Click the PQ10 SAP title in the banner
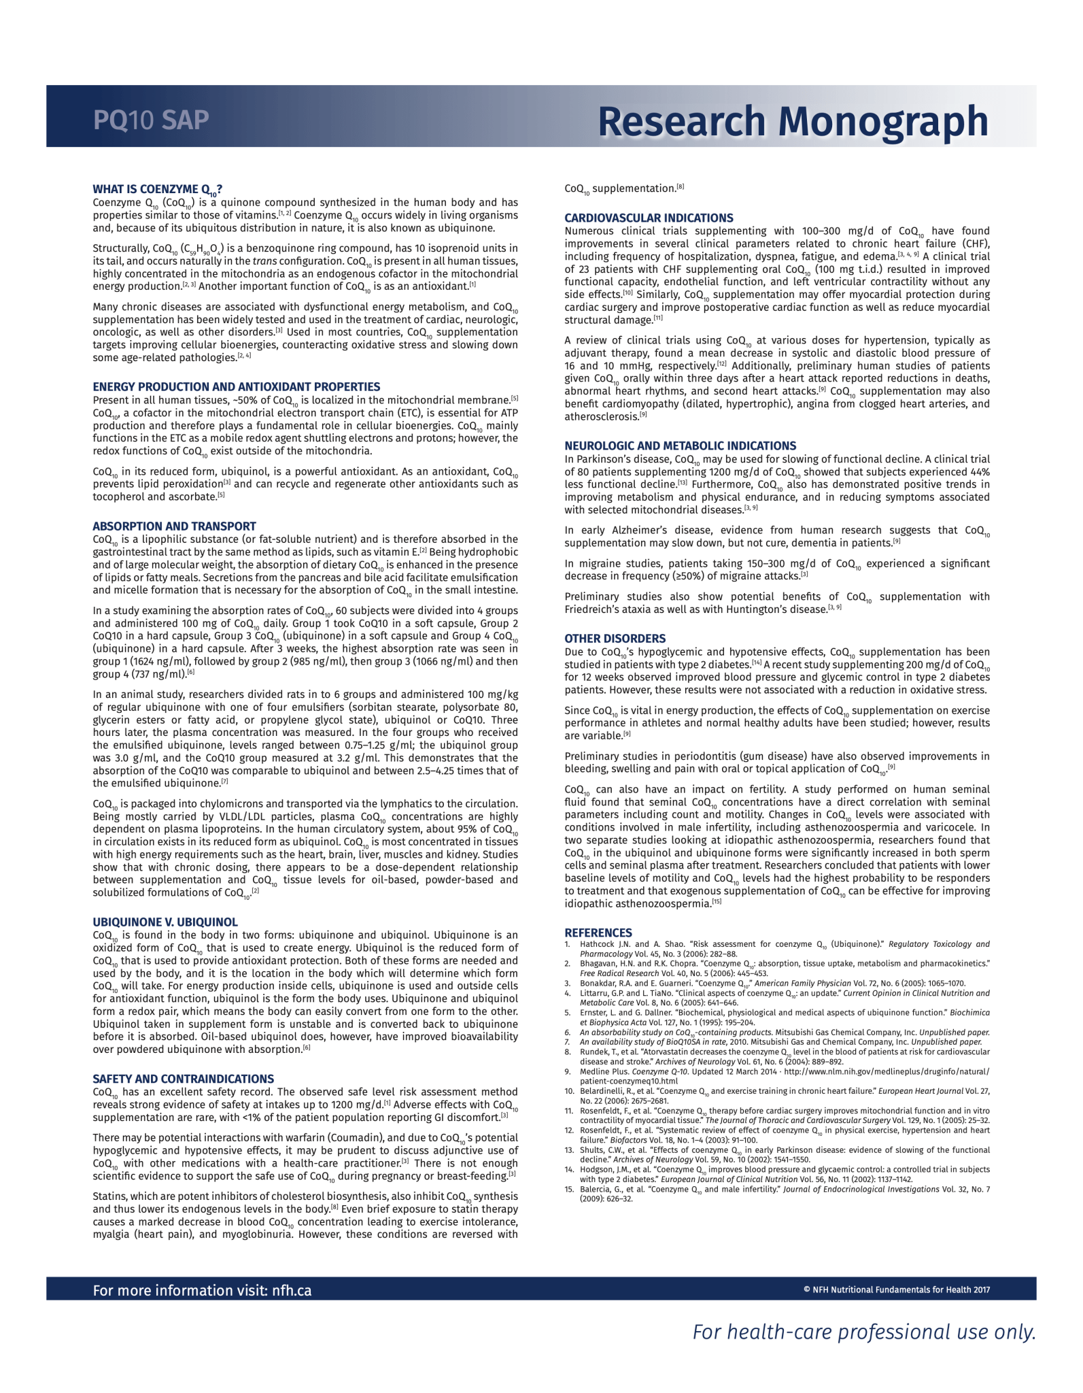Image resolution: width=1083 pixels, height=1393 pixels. [151, 120]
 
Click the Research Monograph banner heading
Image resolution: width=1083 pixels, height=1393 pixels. [793, 121]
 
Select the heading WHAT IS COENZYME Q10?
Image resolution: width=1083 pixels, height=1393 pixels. [158, 190]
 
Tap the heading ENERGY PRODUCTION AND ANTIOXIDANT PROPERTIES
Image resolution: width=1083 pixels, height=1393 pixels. [237, 386]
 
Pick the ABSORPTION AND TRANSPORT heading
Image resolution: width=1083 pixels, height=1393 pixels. [174, 526]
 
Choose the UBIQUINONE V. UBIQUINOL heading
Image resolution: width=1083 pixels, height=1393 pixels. [165, 922]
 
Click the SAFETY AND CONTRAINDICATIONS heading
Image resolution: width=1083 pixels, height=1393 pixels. [184, 1079]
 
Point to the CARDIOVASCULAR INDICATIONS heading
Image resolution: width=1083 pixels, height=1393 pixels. [649, 218]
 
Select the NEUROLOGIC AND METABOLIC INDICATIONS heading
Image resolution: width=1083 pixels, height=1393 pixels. [680, 446]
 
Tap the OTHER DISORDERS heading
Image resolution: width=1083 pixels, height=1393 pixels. [615, 638]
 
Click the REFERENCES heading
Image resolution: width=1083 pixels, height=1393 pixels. [598, 933]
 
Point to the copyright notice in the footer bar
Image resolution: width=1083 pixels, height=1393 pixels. [896, 1290]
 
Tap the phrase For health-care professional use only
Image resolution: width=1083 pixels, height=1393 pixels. [863, 1332]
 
